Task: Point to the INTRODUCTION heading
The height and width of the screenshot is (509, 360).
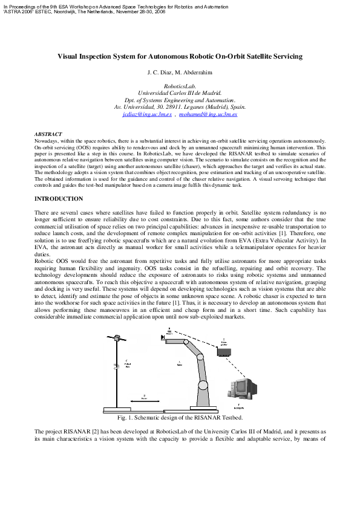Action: pos(59,199)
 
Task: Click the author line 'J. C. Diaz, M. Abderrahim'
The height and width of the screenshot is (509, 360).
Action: pos(180,73)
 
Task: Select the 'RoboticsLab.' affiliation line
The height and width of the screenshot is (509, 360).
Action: pos(180,86)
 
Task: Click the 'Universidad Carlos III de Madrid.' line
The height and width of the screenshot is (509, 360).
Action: pos(180,93)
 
